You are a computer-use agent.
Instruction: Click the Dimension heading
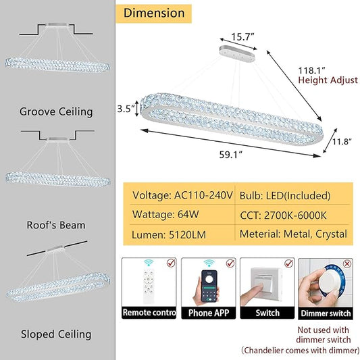coord(154,13)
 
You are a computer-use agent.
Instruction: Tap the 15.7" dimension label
coord(242,37)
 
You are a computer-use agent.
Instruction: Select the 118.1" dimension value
coord(312,70)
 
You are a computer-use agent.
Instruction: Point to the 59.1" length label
coord(231,155)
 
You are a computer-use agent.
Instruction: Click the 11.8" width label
coord(342,142)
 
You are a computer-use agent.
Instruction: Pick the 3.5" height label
coord(126,109)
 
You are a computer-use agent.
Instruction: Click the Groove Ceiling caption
coord(56,112)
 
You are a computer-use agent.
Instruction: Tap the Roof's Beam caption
coord(56,225)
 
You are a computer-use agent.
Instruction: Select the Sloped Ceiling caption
coord(56,334)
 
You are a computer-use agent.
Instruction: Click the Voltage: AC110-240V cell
coord(182,195)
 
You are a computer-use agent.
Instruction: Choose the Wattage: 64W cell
coord(165,214)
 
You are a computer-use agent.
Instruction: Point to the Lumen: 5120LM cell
coord(169,234)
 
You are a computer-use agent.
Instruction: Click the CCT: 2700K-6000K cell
coord(283,215)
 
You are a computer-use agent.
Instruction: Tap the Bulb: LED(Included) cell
coord(285,196)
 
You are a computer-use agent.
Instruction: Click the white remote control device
coord(149,286)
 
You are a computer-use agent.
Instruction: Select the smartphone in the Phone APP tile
coord(209,286)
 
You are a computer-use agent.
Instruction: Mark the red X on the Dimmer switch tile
coord(346,263)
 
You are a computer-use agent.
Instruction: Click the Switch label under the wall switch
coord(267,313)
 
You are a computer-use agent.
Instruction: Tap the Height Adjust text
coord(328,80)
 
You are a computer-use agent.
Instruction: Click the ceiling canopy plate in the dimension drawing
coord(237,53)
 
